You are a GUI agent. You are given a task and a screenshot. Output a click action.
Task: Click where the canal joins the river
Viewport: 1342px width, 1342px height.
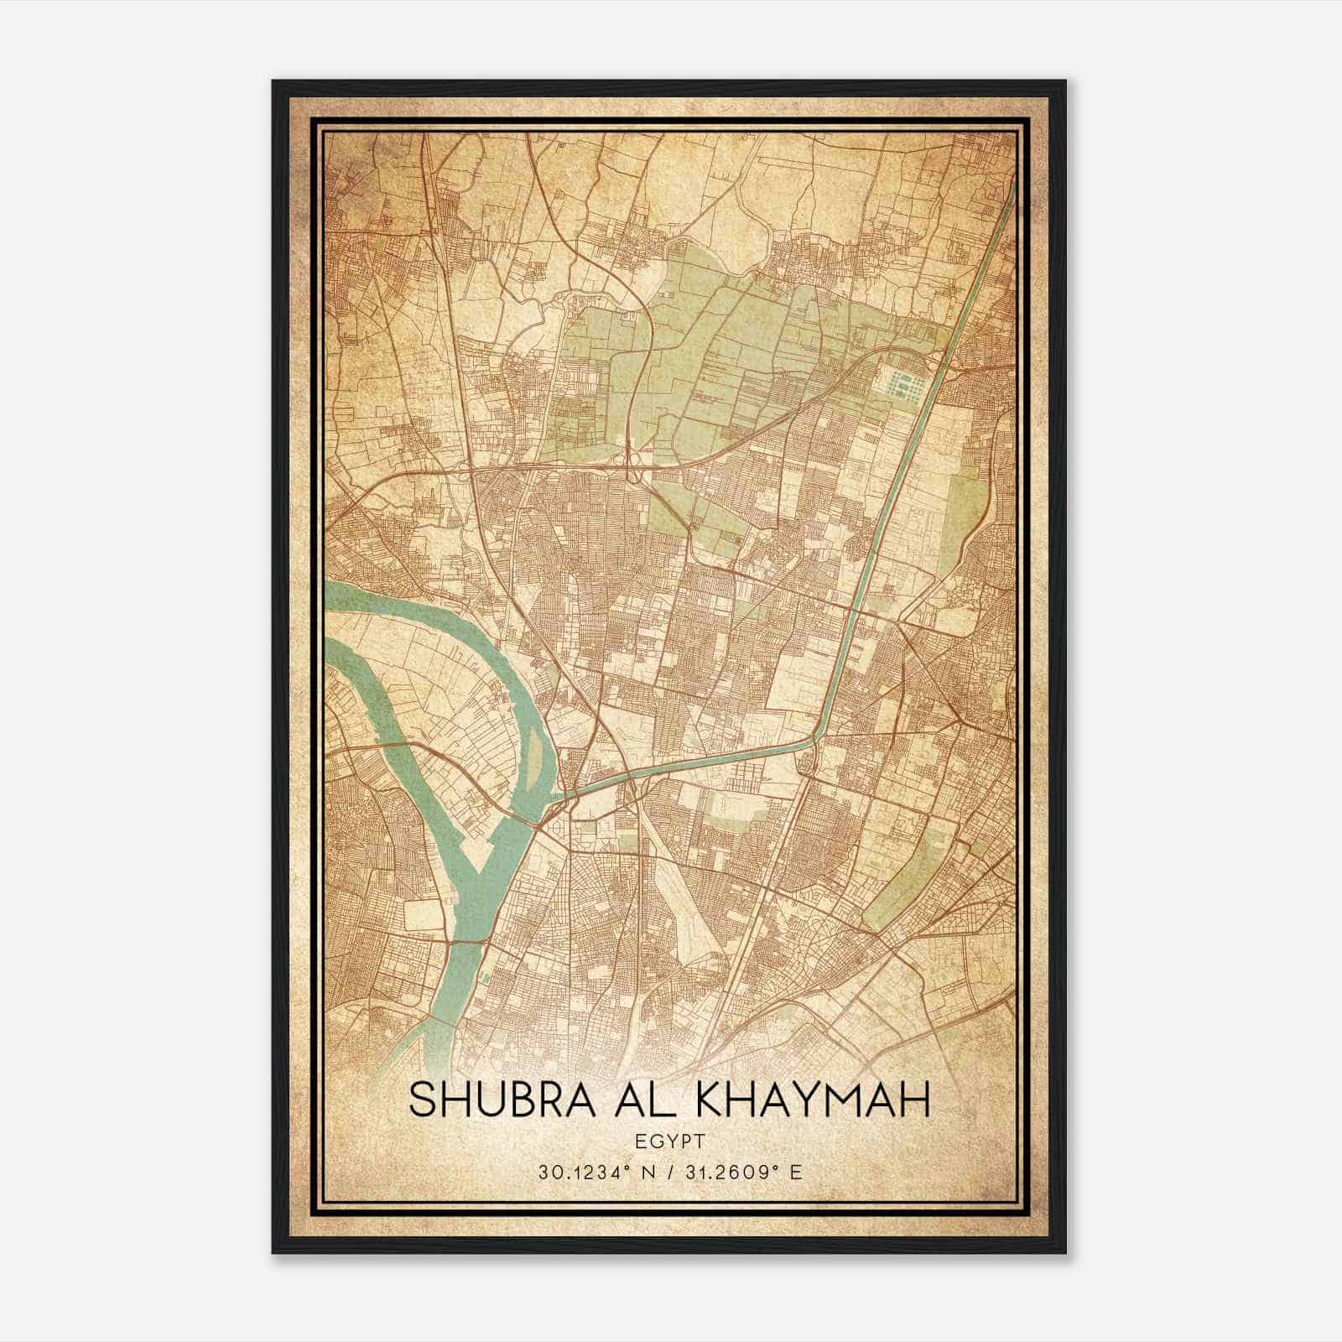coord(560,793)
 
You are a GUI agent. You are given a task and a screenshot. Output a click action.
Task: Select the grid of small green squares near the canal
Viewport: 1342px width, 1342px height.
coord(904,387)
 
